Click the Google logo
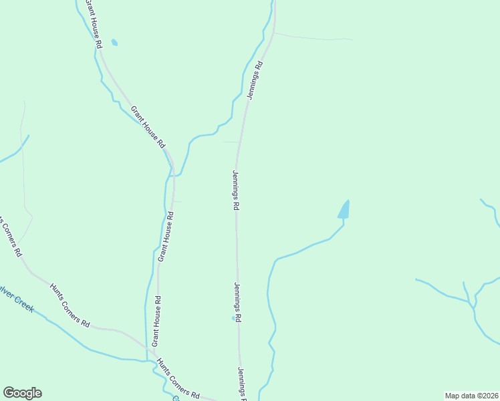click(22, 393)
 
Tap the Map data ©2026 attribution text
click(471, 395)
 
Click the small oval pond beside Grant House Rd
click(115, 43)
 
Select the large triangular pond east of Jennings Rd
click(344, 211)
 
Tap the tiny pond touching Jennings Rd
click(233, 318)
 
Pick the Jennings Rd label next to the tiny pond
click(237, 303)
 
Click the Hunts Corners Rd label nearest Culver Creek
click(69, 304)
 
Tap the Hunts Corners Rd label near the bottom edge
click(178, 379)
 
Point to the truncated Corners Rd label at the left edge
click(11, 238)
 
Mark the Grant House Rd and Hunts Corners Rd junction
click(150, 352)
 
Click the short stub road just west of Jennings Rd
click(231, 142)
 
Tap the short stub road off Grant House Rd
click(178, 201)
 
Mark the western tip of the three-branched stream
click(416, 279)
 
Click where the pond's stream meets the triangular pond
click(344, 221)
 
